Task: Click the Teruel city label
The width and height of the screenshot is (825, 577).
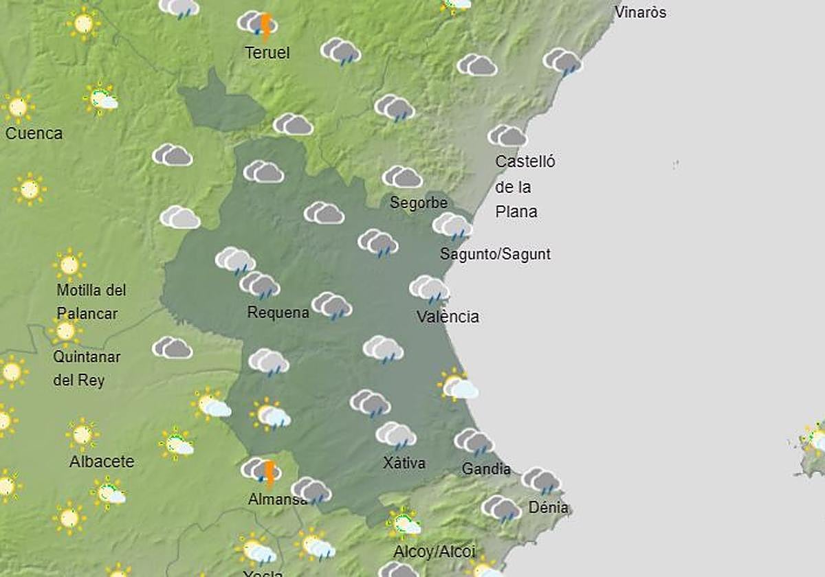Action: coord(267,53)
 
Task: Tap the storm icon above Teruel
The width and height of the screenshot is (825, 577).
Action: coord(258,24)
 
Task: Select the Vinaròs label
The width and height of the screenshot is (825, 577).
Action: coord(640,12)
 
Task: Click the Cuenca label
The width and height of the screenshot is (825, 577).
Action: coord(34,133)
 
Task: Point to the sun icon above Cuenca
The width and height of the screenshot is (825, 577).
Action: coord(18,106)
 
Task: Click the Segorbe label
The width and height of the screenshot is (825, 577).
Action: coord(419,203)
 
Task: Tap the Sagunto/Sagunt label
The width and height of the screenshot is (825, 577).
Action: coord(495,254)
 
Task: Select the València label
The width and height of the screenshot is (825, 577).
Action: coord(448,317)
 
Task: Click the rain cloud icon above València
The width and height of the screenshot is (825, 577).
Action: coord(430,289)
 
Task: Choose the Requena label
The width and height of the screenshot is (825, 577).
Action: coord(278,313)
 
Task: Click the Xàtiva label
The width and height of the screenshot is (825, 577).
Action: coord(404,463)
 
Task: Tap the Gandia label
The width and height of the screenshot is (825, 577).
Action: coord(486,469)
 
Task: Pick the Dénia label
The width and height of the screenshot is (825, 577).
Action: coord(548,508)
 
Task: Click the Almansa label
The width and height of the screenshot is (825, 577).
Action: coord(278,499)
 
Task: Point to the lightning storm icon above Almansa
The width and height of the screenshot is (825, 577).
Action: coord(262,471)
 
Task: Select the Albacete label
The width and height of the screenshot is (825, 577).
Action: coord(102,462)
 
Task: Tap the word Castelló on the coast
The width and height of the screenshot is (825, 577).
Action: coord(525,162)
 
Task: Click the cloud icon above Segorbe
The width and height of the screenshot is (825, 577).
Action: coord(402,177)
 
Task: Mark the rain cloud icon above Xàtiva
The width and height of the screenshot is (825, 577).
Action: coord(396,435)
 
